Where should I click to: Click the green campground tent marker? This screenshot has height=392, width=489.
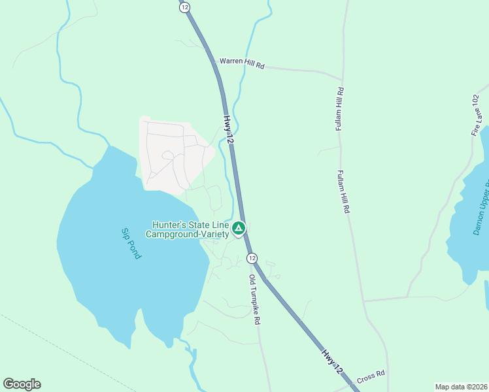tap(239, 229)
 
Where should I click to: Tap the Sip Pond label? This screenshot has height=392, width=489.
tap(131, 243)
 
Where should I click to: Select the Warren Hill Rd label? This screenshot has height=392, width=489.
tap(242, 61)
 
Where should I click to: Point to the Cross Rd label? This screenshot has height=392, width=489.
tap(371, 376)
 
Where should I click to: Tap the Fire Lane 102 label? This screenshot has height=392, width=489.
tap(475, 114)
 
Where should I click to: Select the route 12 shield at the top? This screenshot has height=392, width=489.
tap(185, 7)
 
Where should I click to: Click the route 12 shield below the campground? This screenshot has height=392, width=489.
tap(252, 259)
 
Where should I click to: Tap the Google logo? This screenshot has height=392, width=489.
tap(22, 384)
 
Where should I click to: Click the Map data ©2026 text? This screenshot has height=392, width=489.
tap(461, 387)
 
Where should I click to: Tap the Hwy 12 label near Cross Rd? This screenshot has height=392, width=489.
tap(331, 361)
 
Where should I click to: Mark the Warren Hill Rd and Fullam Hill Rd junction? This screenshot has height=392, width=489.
tap(342, 78)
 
